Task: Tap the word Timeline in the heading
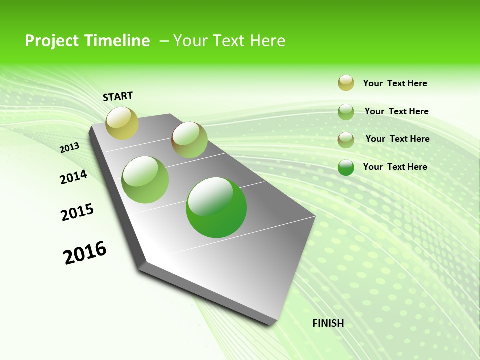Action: click(118, 41)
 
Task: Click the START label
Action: click(118, 96)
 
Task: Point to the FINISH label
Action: click(328, 323)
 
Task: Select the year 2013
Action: click(70, 148)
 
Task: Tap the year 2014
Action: click(73, 177)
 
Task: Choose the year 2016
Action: click(85, 253)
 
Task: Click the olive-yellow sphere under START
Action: click(122, 123)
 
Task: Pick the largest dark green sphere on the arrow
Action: click(216, 207)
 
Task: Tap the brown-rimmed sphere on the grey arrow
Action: click(189, 140)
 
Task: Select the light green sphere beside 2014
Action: click(145, 180)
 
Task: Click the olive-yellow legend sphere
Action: click(346, 83)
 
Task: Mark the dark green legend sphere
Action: click(346, 167)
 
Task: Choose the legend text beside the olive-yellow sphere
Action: click(395, 83)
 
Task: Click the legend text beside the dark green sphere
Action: click(395, 167)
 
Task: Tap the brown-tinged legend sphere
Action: click(346, 140)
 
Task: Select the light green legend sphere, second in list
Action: click(346, 112)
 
